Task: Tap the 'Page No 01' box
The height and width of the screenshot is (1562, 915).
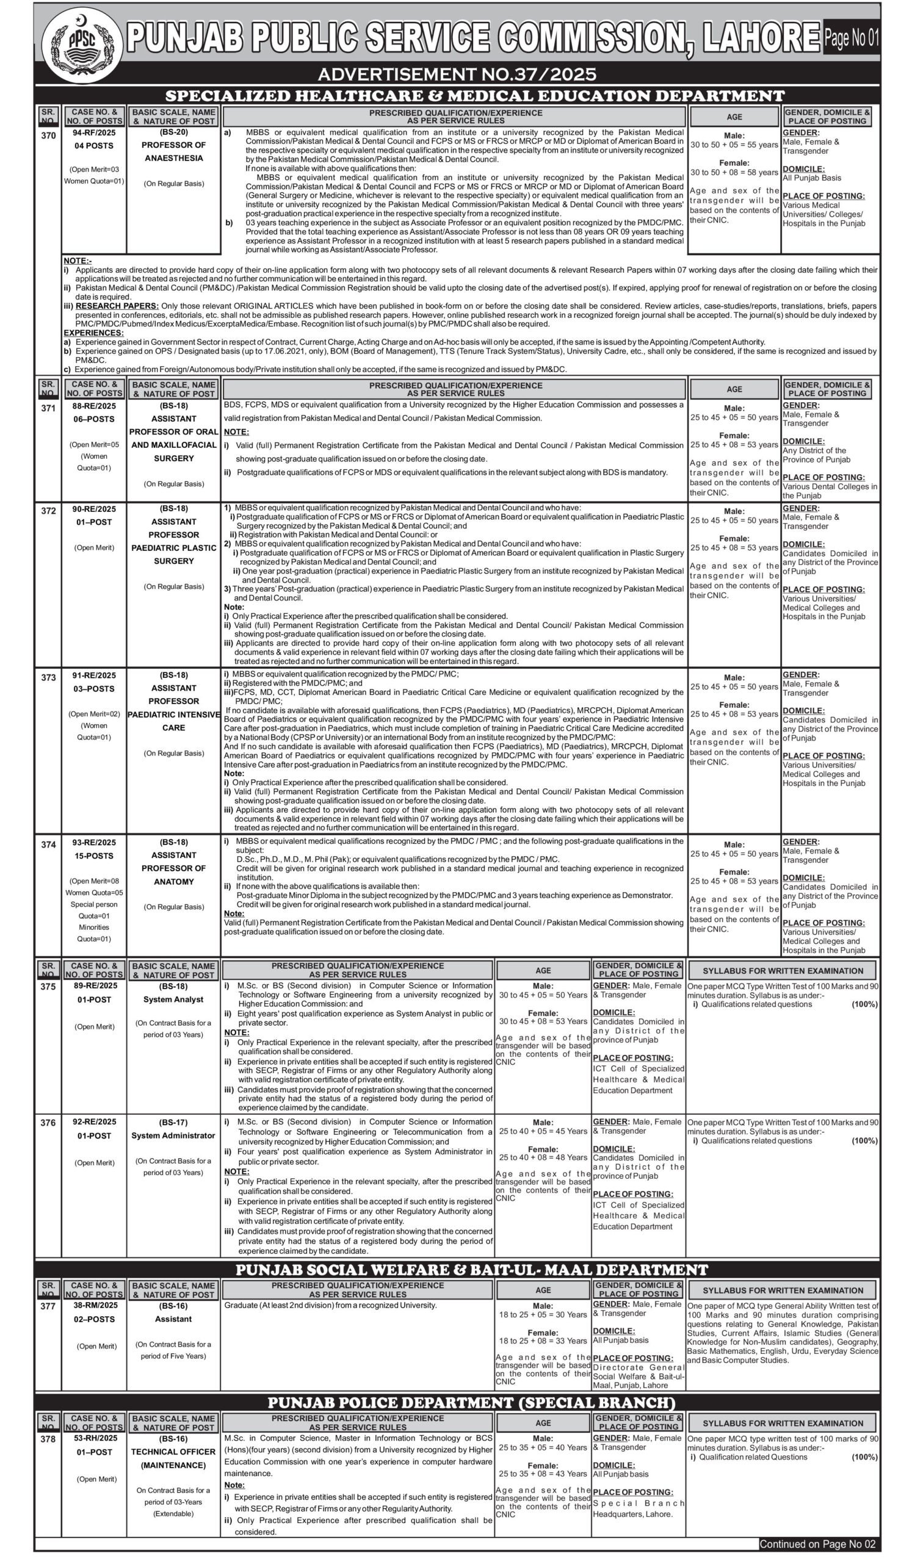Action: click(x=851, y=38)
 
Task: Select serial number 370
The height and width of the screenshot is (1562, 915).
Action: click(x=48, y=135)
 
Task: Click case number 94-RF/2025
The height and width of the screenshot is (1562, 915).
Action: click(x=94, y=132)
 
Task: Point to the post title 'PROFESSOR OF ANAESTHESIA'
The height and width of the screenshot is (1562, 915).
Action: click(x=173, y=151)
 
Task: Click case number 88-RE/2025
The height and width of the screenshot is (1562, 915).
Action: click(x=94, y=406)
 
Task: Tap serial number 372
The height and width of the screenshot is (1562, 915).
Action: click(x=48, y=511)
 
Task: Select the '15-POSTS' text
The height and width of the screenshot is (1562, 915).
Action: click(x=94, y=856)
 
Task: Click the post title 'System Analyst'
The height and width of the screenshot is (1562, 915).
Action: click(x=173, y=999)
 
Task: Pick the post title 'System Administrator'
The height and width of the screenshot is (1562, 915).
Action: click(x=173, y=1136)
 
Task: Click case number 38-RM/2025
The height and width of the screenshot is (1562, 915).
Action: click(x=94, y=1305)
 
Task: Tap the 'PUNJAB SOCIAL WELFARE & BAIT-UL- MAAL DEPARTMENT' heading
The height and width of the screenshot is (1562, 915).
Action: click(x=471, y=1270)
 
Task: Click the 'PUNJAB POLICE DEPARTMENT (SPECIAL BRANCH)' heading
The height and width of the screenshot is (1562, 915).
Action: click(x=471, y=1403)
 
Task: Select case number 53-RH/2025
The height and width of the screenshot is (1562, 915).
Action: click(x=94, y=1438)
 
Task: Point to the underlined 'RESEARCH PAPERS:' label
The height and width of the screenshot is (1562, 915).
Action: click(x=117, y=306)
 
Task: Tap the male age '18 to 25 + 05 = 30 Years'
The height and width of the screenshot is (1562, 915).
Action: click(x=543, y=1314)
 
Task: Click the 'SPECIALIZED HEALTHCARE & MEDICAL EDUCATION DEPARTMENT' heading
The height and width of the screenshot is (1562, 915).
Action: click(x=475, y=96)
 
